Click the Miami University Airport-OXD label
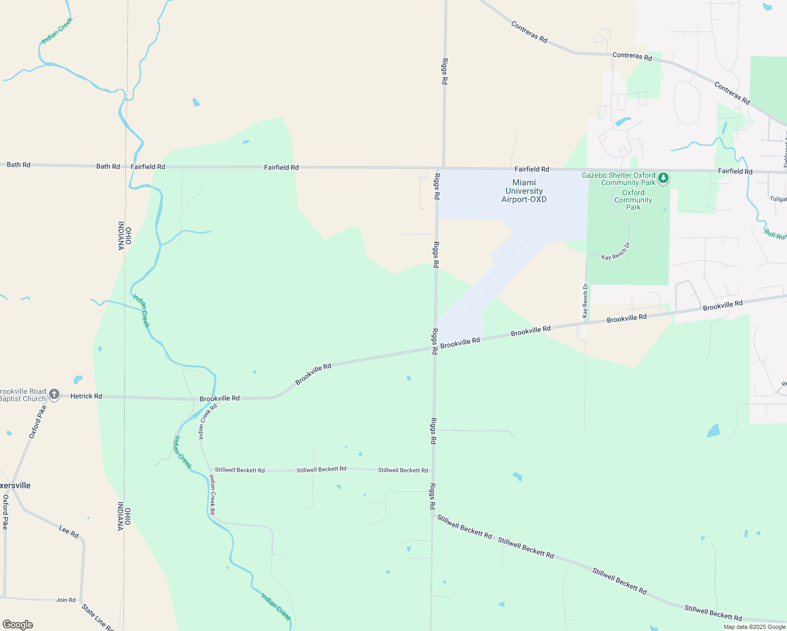tap(523, 191)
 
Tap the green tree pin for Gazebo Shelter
tap(663, 178)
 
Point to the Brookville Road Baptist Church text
tap(23, 395)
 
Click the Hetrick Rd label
tap(86, 396)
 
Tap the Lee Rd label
tap(69, 532)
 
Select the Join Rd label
tap(66, 600)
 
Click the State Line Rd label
tap(97, 617)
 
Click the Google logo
tap(17, 625)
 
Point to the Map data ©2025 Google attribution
tap(754, 627)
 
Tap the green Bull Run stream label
tap(775, 234)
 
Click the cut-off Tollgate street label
tap(778, 199)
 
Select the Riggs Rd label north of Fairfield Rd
tap(445, 72)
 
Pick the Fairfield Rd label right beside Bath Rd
tap(148, 167)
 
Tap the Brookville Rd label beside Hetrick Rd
tap(219, 399)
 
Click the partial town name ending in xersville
tap(15, 485)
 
